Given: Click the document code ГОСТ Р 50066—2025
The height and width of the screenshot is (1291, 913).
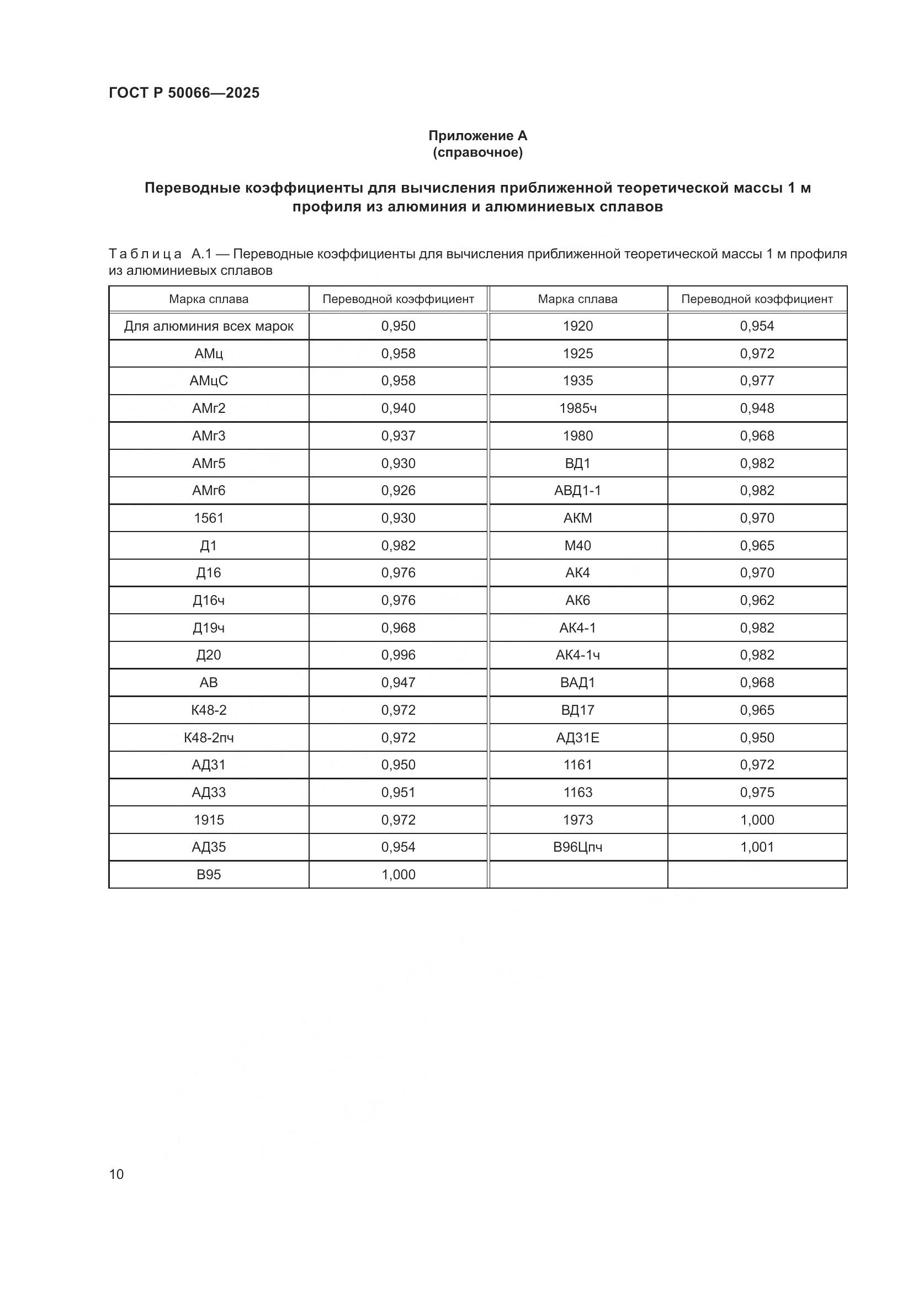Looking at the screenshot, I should coord(184,93).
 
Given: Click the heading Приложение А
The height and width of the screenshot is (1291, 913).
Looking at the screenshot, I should coord(477,136).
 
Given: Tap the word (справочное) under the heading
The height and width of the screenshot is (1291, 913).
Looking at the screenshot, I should coord(477,152).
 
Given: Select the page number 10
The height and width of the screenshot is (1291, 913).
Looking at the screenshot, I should coord(116,1174).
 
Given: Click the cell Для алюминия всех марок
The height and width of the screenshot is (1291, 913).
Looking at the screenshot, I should coord(209,326).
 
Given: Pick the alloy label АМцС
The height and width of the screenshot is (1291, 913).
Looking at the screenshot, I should coord(209,381).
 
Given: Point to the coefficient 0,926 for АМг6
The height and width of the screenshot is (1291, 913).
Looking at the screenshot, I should coord(398,490).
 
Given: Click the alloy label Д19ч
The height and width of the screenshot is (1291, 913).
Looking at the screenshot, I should coord(209,628).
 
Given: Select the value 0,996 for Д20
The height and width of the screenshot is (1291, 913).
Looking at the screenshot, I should coord(398,655).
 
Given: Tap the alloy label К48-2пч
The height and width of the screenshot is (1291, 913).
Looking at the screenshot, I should coord(209,737).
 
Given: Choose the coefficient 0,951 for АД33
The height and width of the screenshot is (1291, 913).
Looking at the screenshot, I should coord(398,792).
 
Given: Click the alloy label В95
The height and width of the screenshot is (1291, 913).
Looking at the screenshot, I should coord(209,874).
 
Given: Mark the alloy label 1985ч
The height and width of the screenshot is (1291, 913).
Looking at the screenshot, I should coord(578,408).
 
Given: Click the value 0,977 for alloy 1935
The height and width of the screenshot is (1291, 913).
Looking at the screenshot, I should coord(757,381).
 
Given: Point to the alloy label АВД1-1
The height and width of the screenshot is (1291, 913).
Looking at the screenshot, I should coord(578,490).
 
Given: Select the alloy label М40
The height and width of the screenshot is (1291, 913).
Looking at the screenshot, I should coord(578,545).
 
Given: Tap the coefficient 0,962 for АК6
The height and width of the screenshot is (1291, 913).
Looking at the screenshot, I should coord(757,600).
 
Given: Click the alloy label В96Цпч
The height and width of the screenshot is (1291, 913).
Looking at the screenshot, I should coord(578,847).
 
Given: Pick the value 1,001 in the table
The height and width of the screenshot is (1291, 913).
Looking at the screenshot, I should coord(757,847).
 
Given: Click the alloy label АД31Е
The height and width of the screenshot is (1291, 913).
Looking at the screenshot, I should coord(578,737).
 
